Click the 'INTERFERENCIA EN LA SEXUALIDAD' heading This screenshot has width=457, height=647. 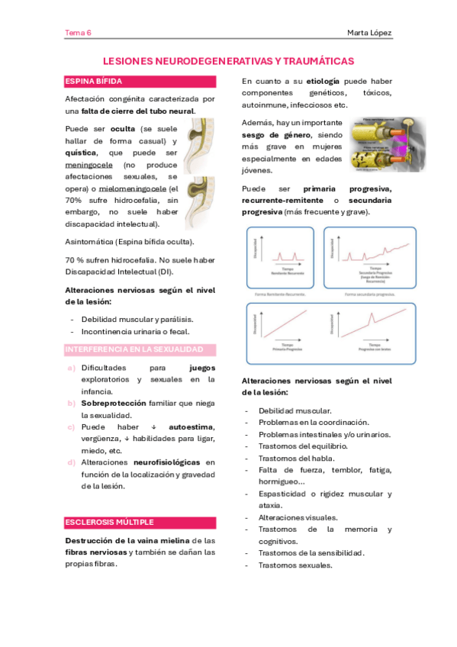coord(134,349)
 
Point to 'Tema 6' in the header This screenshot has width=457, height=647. coord(78,33)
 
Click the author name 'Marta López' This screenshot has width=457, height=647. coord(369,33)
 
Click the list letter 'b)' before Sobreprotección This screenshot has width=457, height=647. coord(71,403)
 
